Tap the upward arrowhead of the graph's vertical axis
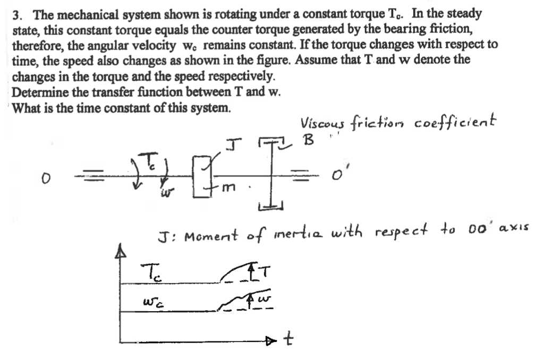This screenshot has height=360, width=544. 121,254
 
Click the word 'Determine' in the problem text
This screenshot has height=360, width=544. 37,91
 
